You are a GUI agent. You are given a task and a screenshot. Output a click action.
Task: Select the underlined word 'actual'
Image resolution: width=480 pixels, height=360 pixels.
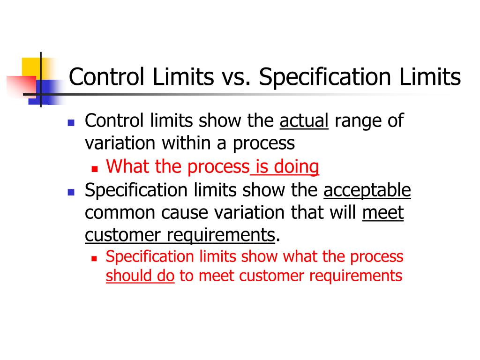pyautogui.click(x=304, y=121)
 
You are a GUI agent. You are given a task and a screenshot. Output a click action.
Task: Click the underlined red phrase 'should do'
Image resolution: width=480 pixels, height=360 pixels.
pyautogui.click(x=140, y=276)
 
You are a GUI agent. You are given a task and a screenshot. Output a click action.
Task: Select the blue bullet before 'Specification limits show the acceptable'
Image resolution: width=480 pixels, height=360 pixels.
pyautogui.click(x=71, y=192)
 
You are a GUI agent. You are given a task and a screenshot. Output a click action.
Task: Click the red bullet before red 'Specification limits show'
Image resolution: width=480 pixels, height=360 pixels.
pyautogui.click(x=94, y=258)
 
